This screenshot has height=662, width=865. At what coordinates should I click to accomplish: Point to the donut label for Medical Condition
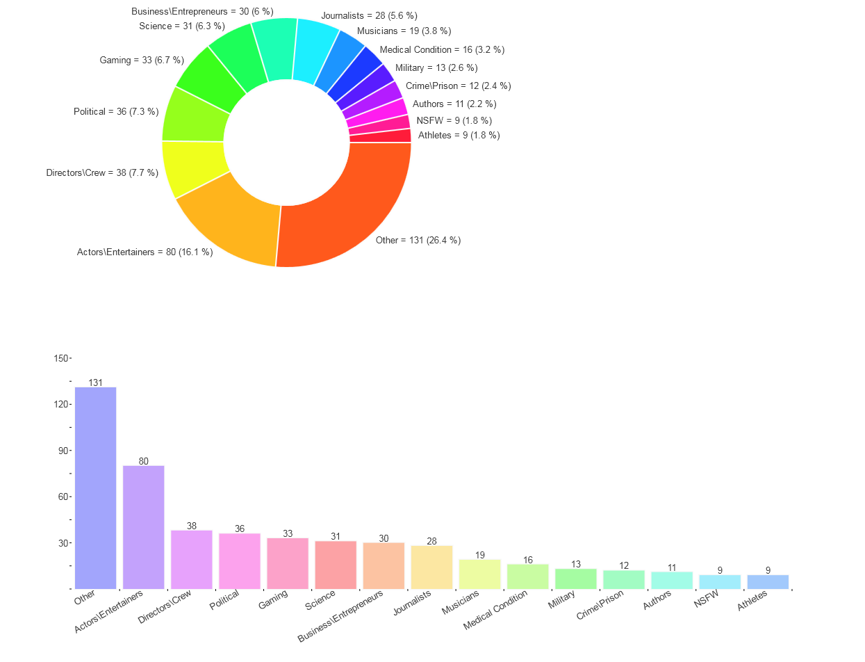pyautogui.click(x=442, y=50)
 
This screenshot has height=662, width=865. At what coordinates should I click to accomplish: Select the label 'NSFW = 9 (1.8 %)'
pyautogui.click(x=454, y=120)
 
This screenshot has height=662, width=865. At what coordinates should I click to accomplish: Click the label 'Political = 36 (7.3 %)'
pyautogui.click(x=116, y=111)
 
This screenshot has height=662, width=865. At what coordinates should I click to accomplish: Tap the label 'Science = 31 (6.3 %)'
pyautogui.click(x=182, y=26)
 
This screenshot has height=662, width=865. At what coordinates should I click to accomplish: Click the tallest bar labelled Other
pyautogui.click(x=95, y=487)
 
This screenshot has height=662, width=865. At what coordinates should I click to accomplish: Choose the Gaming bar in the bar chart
pyautogui.click(x=288, y=563)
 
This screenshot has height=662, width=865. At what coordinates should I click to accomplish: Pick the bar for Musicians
pyautogui.click(x=479, y=574)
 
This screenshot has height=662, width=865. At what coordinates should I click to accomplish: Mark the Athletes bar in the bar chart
pyautogui.click(x=768, y=582)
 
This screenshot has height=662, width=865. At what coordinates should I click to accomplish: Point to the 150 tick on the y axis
pyautogui.click(x=61, y=358)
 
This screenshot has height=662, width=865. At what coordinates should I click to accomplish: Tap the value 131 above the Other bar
pyautogui.click(x=95, y=382)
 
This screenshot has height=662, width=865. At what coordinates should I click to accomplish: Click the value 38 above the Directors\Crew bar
pyautogui.click(x=192, y=526)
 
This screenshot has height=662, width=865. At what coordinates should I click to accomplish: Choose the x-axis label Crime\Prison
pyautogui.click(x=601, y=606)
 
